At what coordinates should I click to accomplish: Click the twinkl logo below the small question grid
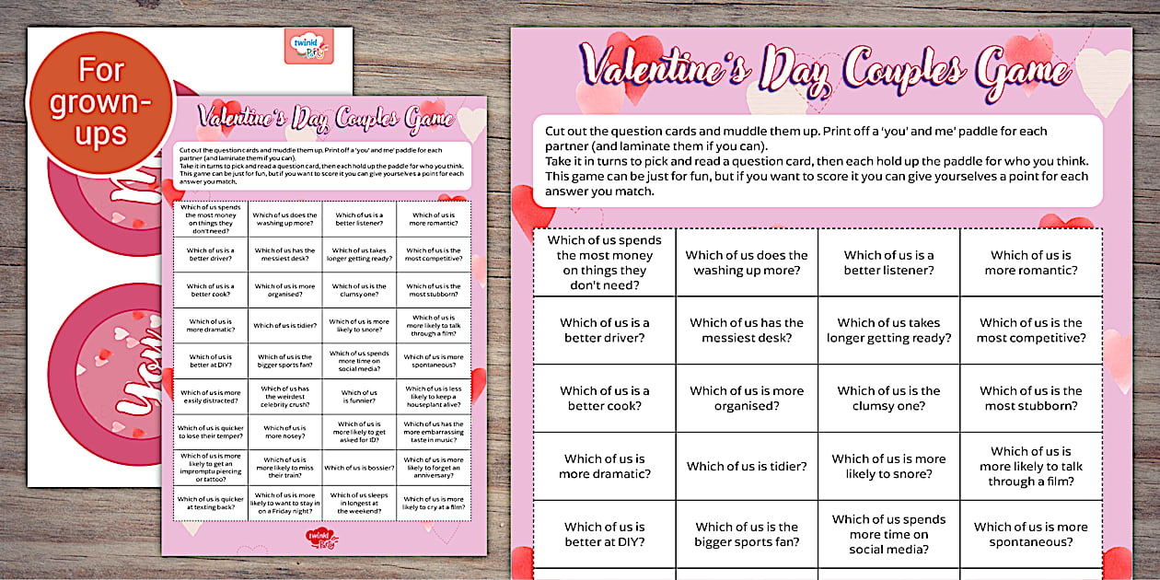tap(321, 537)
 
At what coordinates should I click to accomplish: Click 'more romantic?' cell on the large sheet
tap(1031, 262)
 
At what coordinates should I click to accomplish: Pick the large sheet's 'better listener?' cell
tap(888, 262)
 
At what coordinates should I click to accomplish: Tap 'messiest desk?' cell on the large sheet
tap(747, 331)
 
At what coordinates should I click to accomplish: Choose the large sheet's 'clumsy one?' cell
tap(888, 398)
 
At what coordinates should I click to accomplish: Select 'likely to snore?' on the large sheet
tap(888, 466)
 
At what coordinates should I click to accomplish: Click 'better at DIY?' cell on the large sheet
tap(605, 534)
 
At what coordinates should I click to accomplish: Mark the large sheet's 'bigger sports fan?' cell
tap(747, 534)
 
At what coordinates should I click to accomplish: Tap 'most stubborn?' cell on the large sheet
tap(1031, 398)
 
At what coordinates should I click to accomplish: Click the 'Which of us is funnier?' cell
tap(359, 397)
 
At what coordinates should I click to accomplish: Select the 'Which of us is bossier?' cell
tap(359, 468)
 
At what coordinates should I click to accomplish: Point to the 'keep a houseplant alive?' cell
tap(434, 397)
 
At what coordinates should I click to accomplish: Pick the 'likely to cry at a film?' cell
tap(434, 504)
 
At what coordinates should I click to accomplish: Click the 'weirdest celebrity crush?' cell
tap(284, 397)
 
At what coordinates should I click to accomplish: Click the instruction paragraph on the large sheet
tap(817, 161)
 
